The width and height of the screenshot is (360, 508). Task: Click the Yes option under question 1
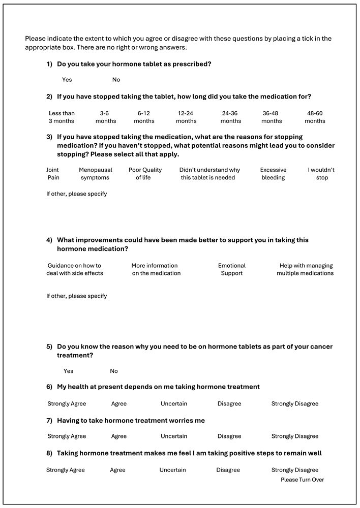click(x=67, y=80)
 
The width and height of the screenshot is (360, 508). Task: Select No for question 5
click(x=114, y=371)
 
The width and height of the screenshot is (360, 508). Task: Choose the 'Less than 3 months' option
click(x=62, y=117)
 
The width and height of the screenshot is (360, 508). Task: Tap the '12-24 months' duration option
click(x=186, y=117)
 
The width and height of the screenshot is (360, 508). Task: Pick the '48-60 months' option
click(x=315, y=117)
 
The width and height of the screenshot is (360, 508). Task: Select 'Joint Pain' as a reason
click(x=53, y=174)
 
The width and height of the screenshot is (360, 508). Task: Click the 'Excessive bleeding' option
click(x=273, y=174)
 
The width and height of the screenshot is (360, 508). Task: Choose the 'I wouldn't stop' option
click(x=321, y=174)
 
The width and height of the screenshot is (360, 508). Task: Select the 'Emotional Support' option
click(x=232, y=269)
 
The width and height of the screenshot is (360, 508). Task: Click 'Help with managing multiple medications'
click(x=305, y=269)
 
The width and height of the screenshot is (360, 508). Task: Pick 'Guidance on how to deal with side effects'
click(x=75, y=269)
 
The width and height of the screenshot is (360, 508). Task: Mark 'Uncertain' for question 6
click(x=174, y=404)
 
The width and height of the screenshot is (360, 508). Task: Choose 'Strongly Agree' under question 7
click(x=67, y=436)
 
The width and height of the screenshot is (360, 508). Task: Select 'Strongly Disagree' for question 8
click(x=295, y=470)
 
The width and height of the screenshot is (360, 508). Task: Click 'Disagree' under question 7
click(x=229, y=436)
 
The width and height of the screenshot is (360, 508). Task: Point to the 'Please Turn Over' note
click(x=302, y=480)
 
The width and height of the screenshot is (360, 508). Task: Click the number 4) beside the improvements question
click(x=49, y=240)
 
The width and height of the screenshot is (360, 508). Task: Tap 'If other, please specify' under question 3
click(x=77, y=194)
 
